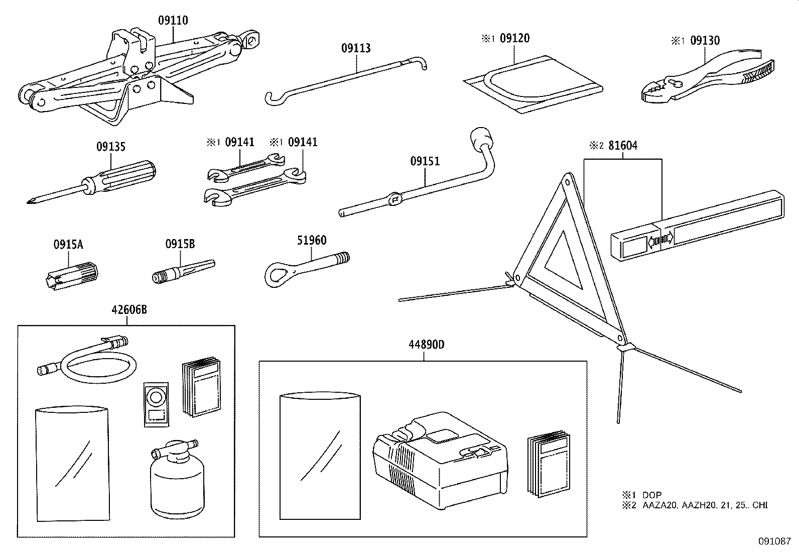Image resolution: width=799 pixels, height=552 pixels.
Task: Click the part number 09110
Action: pos(173,21)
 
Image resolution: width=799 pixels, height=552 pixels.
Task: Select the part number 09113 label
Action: pos(356,48)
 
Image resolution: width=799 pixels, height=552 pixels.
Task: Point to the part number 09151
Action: pos(425,161)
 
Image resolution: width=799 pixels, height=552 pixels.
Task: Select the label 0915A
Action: pos(68,245)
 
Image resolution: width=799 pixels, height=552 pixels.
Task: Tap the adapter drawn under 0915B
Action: pos(183,271)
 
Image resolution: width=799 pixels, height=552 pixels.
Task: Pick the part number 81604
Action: pos(623,146)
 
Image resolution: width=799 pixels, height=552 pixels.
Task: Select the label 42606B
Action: pos(129,309)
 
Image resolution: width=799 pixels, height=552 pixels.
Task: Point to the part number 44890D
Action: pos(427,345)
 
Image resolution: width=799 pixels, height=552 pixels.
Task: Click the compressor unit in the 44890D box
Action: pos(440,461)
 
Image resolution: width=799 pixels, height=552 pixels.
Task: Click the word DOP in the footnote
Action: pos(652,495)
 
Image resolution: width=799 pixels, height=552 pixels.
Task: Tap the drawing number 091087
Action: pos(774,541)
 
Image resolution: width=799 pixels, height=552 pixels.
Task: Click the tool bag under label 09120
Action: pos(533,84)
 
